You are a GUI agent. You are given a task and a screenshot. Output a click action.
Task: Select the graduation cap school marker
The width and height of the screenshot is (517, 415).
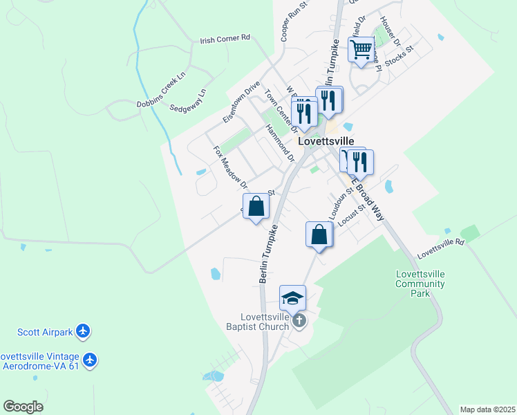coord(292,298)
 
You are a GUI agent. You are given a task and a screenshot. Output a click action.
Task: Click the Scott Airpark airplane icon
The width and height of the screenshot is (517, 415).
coord(84,331)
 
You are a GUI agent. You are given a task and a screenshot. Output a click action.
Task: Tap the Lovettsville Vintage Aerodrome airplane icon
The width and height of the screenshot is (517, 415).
coord(90,360)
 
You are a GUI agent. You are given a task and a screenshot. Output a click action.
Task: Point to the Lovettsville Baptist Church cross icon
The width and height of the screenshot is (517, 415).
coord(299,320)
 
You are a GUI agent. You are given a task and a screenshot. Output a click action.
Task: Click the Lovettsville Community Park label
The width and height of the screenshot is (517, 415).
coord(420,284)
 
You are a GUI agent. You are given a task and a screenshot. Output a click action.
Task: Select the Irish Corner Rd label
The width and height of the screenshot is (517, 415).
coord(225,40)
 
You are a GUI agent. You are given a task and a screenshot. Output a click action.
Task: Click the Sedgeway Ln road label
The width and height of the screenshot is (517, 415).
coord(188,102)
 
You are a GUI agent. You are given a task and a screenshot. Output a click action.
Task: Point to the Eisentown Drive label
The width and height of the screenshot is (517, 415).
coord(241,102)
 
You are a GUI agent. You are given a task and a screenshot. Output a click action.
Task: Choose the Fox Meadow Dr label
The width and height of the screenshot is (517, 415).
coord(230,167)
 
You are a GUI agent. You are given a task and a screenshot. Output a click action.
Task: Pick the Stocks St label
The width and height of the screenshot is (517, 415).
coord(399,57)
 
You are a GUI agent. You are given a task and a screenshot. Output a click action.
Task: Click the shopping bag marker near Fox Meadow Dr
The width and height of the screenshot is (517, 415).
coord(256,206)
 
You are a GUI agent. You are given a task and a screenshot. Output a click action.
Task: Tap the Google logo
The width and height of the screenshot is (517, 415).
coord(23,407)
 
